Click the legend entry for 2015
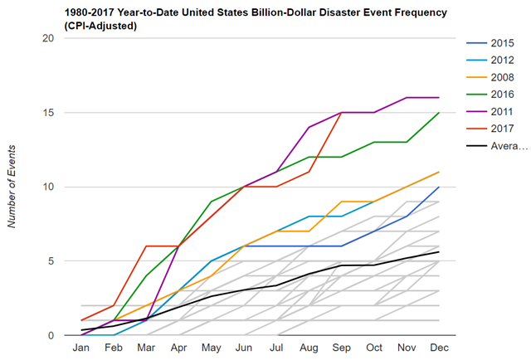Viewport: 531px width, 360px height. tap(500, 41)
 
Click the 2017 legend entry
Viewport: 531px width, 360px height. tap(500, 129)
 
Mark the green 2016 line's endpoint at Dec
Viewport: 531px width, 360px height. tap(438, 113)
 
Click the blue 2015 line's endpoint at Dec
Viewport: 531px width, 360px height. tap(438, 187)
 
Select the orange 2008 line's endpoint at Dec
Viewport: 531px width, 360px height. tap(438, 172)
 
